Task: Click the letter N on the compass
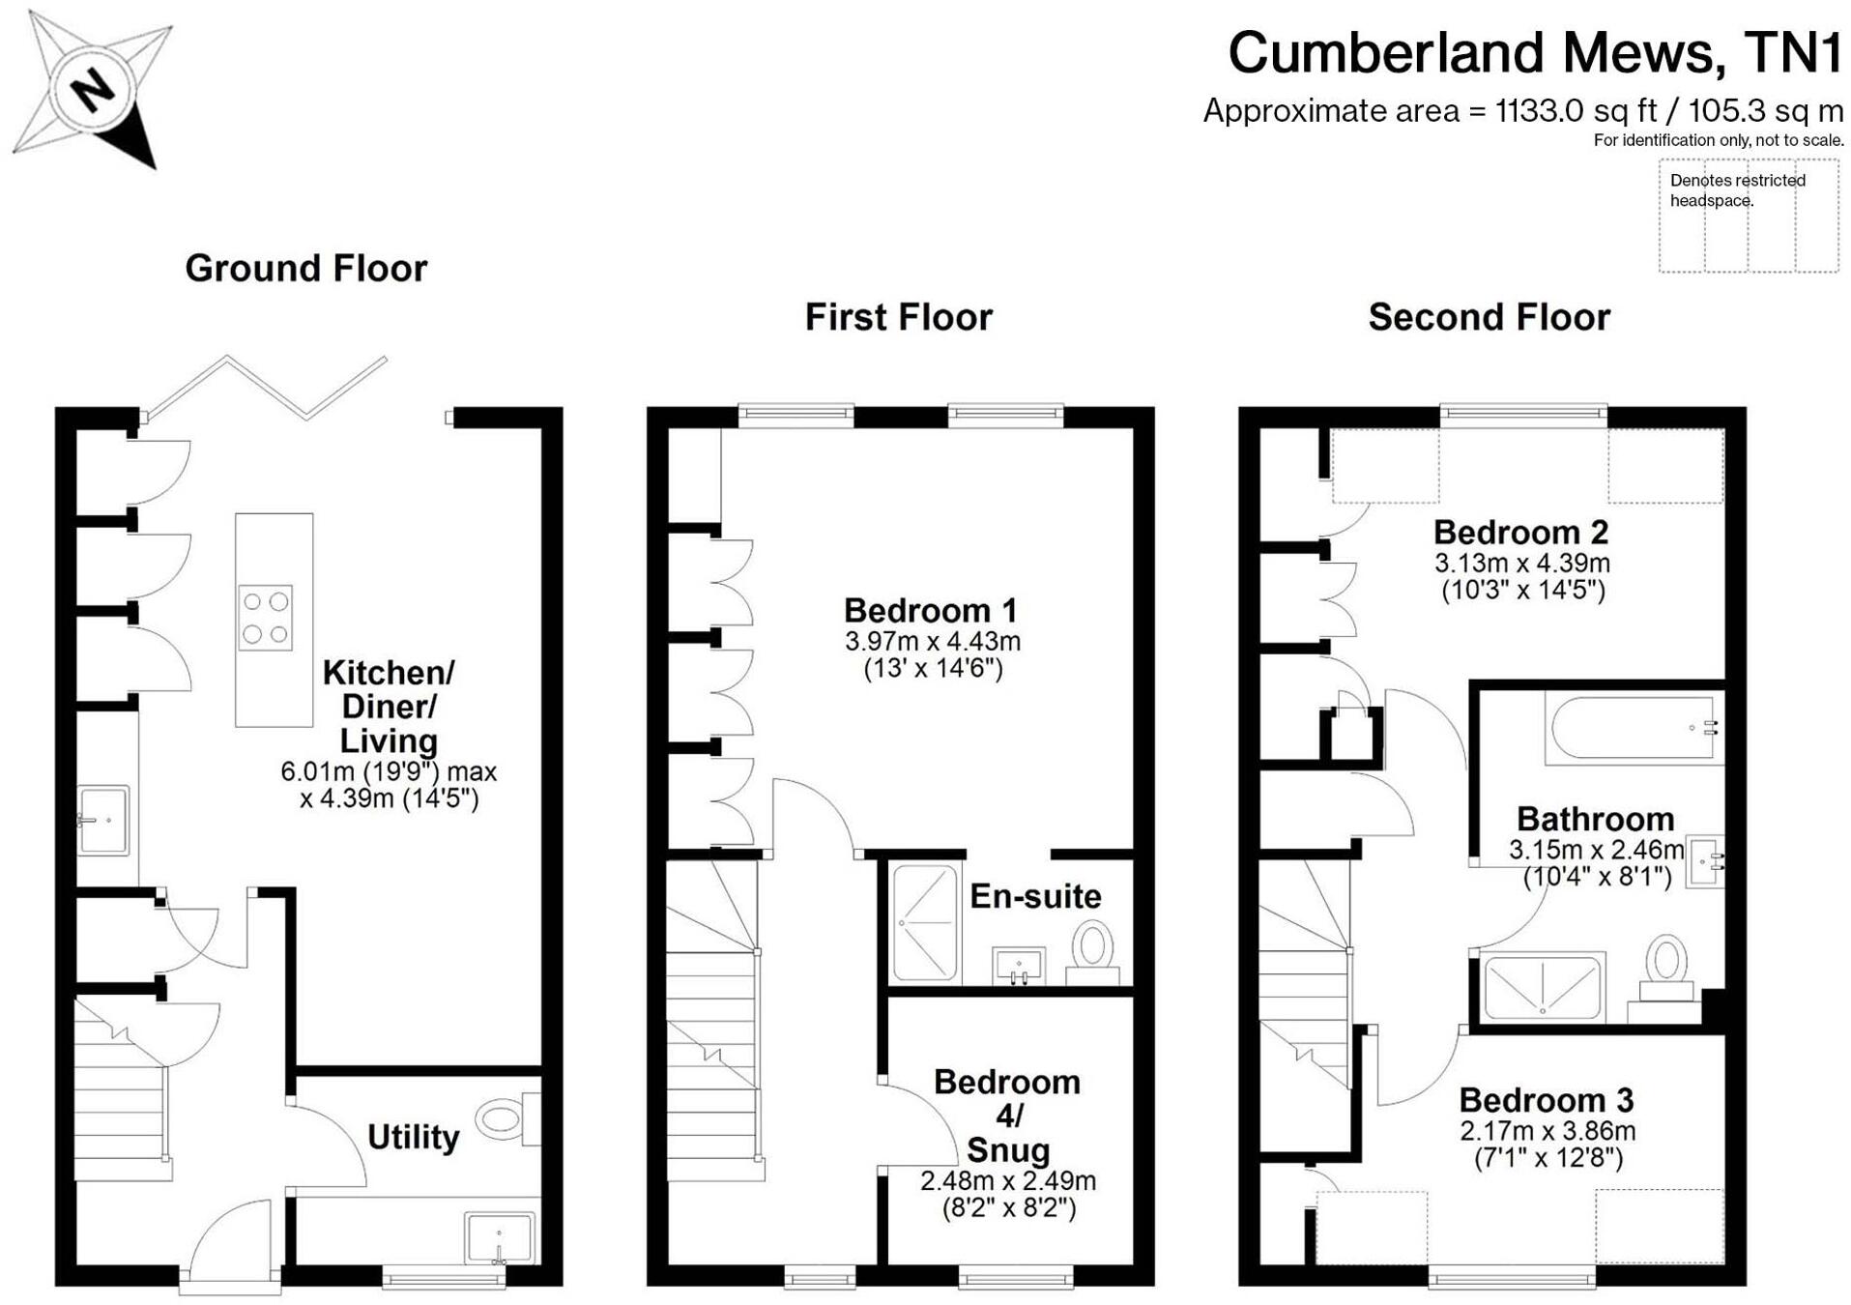(x=94, y=90)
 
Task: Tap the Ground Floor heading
(x=305, y=269)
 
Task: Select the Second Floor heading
(x=1489, y=317)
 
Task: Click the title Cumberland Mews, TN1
(x=1535, y=52)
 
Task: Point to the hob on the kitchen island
(x=266, y=618)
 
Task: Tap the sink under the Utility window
(x=500, y=1237)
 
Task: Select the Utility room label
(x=413, y=1137)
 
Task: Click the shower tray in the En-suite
(x=925, y=924)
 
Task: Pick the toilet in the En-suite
(x=1092, y=952)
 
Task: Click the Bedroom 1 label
(x=930, y=610)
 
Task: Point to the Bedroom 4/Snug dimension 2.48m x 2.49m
(x=1007, y=1180)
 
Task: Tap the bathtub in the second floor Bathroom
(x=1633, y=728)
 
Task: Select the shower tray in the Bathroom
(x=1543, y=986)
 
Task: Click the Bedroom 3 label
(x=1546, y=1100)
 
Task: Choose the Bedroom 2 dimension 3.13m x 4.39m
(x=1522, y=563)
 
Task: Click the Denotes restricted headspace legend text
(x=1737, y=190)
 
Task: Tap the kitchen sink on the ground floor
(x=103, y=820)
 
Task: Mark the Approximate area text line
(x=1522, y=111)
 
